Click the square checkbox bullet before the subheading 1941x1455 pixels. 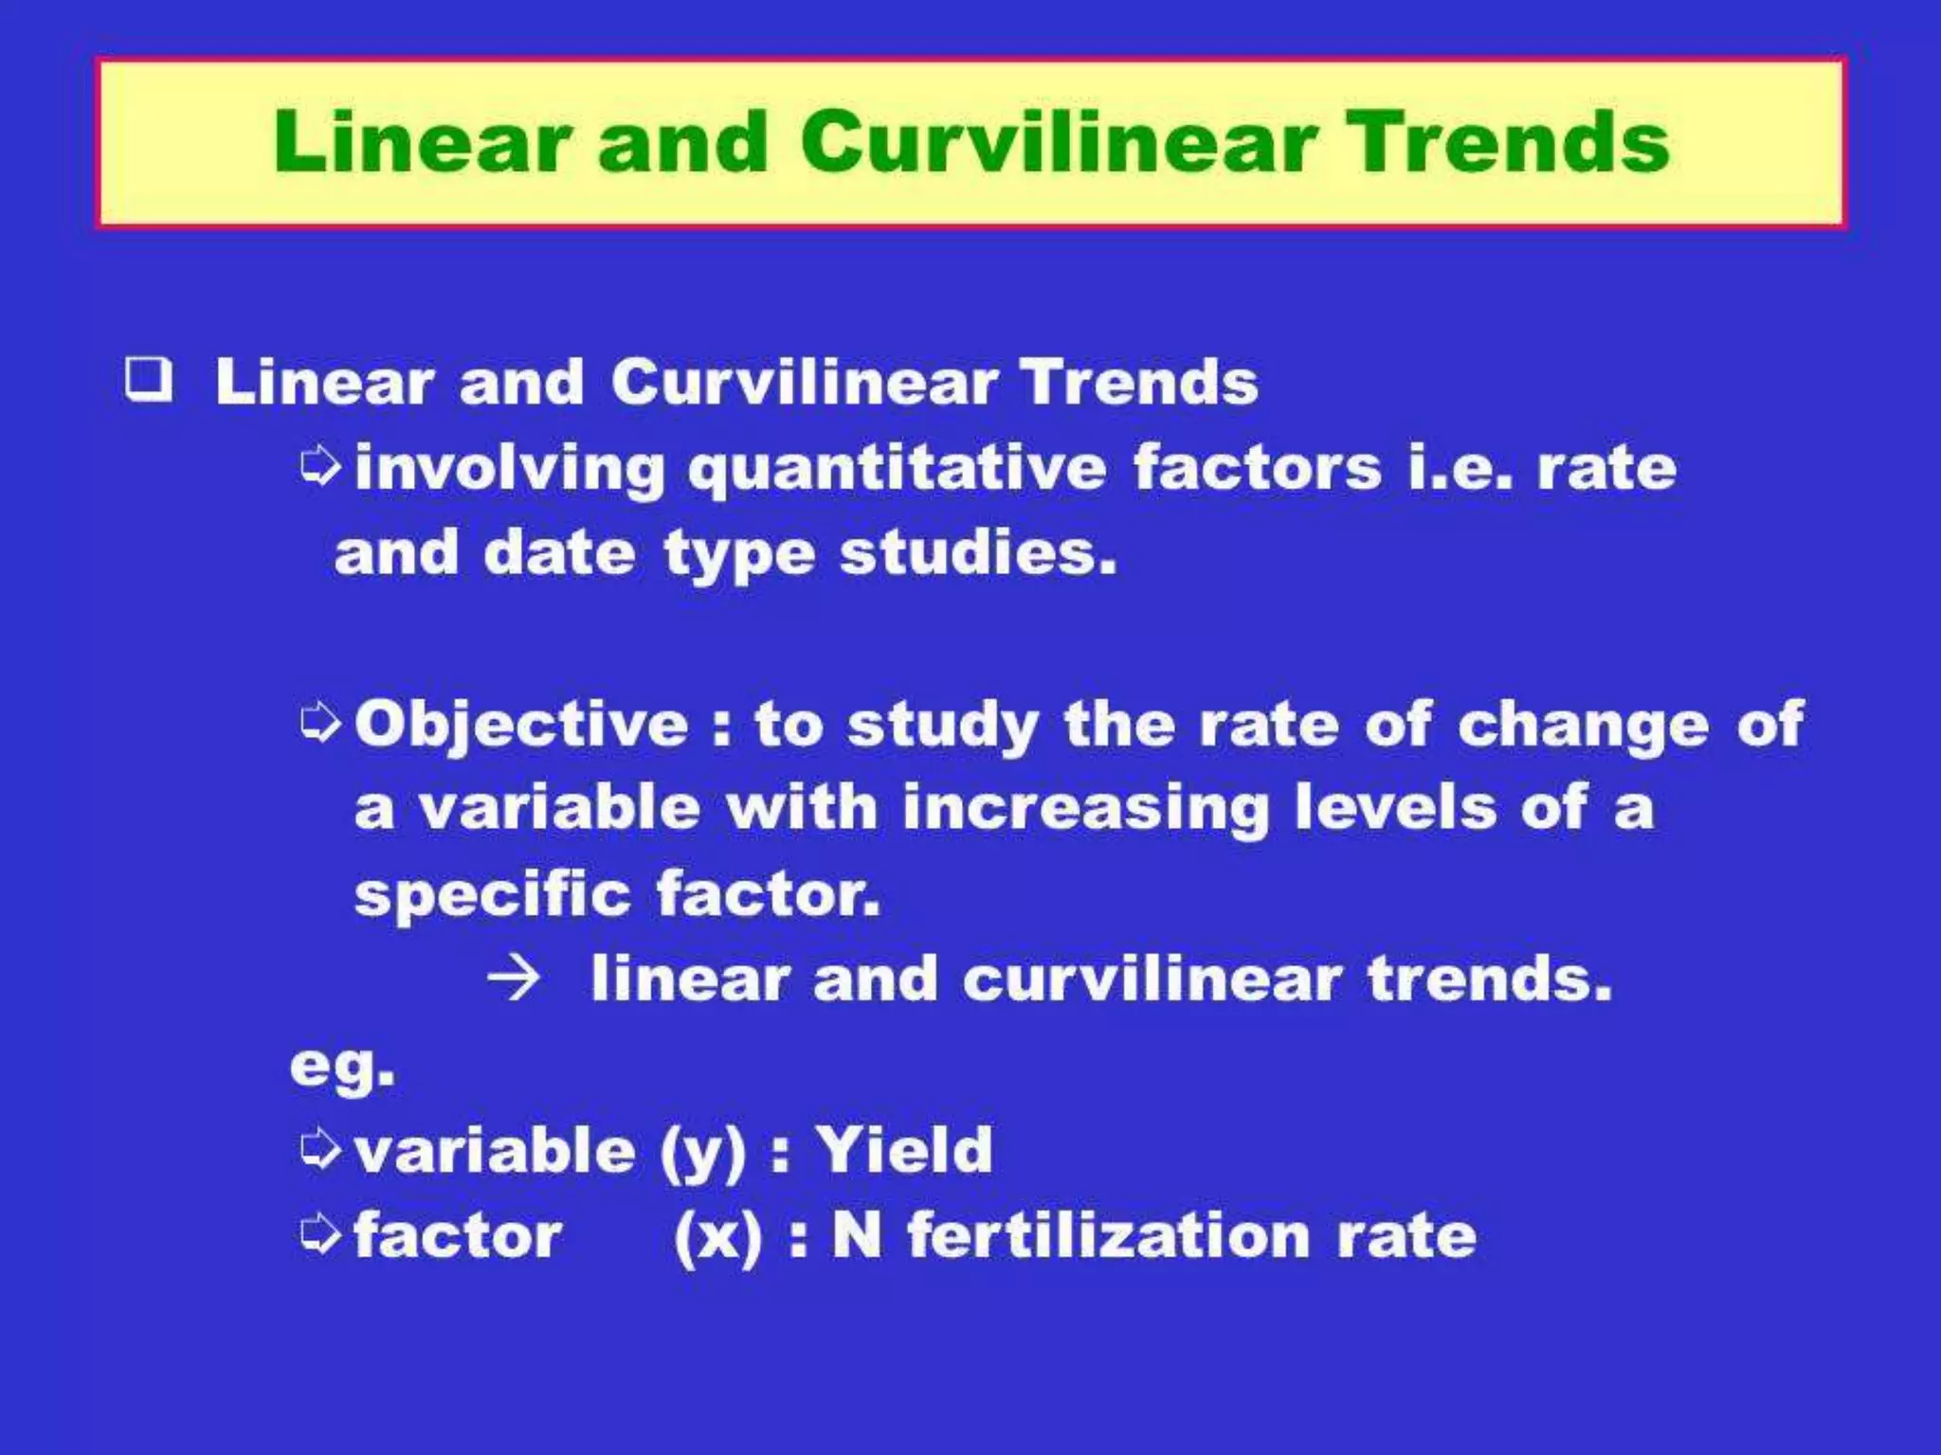149,380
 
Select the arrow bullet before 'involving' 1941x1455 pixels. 319,467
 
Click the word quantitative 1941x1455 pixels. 897,469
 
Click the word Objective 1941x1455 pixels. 521,725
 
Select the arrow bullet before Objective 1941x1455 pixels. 319,724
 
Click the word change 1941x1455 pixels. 1583,726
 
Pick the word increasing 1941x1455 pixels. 1085,810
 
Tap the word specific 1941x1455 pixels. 492,894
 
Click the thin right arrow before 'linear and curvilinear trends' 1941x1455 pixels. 514,979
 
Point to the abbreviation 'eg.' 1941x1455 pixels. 342,1067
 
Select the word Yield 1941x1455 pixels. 904,1150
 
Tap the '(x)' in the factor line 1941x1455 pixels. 717,1237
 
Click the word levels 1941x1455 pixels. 1394,808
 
